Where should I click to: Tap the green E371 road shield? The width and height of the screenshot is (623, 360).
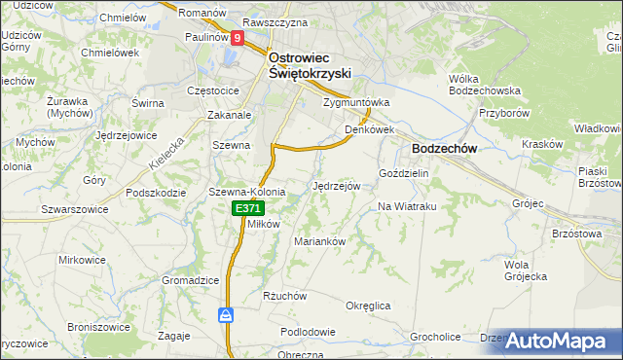point(247,209)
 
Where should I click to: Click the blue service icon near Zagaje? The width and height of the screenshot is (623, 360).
point(225,315)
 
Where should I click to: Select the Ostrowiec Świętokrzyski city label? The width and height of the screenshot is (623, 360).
point(309,64)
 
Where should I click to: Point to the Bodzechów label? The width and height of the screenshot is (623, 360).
point(437,148)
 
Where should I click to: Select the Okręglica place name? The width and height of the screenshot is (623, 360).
point(368,306)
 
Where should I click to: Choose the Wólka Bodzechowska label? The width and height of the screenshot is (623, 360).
point(480,84)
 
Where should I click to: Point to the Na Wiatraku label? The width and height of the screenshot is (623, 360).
point(405,206)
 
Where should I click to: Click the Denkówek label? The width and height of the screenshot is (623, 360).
point(368,128)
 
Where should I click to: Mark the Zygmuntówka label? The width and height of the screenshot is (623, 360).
point(356,101)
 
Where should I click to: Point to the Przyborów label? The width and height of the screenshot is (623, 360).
point(502,112)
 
